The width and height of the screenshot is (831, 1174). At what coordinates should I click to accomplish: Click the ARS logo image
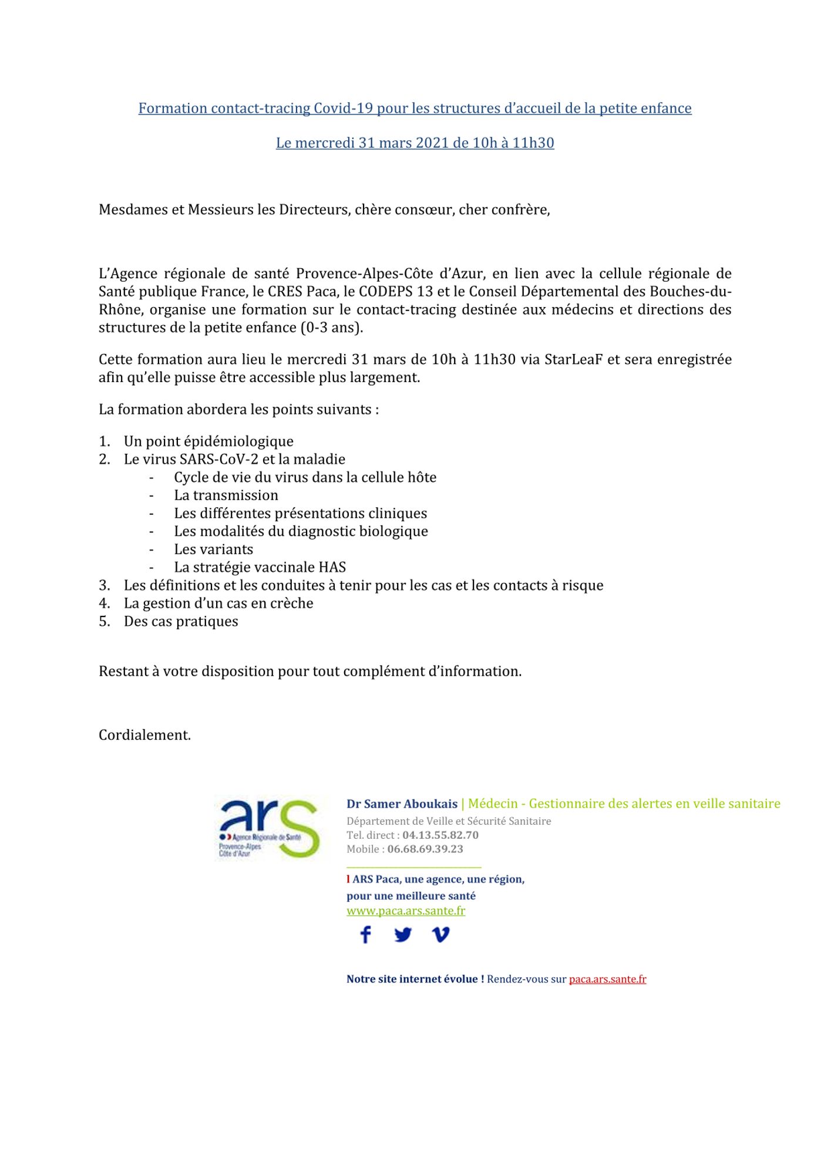pyautogui.click(x=269, y=828)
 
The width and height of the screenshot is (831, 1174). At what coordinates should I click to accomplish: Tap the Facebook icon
pyautogui.click(x=365, y=935)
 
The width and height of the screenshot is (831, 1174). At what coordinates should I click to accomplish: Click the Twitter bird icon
pyautogui.click(x=403, y=935)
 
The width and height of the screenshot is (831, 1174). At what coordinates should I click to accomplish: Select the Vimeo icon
pyautogui.click(x=440, y=935)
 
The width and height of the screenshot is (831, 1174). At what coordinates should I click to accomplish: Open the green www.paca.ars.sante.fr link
pyautogui.click(x=406, y=910)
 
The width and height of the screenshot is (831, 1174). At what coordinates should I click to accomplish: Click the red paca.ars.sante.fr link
pyautogui.click(x=607, y=979)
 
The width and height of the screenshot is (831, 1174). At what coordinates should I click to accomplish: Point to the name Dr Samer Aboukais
pyautogui.click(x=402, y=804)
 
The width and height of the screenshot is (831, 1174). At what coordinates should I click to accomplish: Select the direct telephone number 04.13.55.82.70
pyautogui.click(x=440, y=835)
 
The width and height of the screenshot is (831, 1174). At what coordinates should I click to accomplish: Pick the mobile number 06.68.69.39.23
pyautogui.click(x=425, y=849)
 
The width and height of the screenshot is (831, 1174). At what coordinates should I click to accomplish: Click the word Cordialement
pyautogui.click(x=144, y=735)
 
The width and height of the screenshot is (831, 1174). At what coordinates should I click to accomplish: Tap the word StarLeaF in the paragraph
pyautogui.click(x=573, y=359)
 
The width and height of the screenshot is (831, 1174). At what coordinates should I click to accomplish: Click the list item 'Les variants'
pyautogui.click(x=214, y=549)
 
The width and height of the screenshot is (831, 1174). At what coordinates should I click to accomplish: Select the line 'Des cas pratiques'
pyautogui.click(x=181, y=621)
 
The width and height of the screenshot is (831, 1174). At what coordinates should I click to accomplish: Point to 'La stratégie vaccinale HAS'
pyautogui.click(x=260, y=567)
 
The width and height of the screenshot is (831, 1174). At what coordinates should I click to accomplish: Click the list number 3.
pyautogui.click(x=105, y=585)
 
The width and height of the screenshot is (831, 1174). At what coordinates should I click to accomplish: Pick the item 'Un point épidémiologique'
pyautogui.click(x=208, y=441)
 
